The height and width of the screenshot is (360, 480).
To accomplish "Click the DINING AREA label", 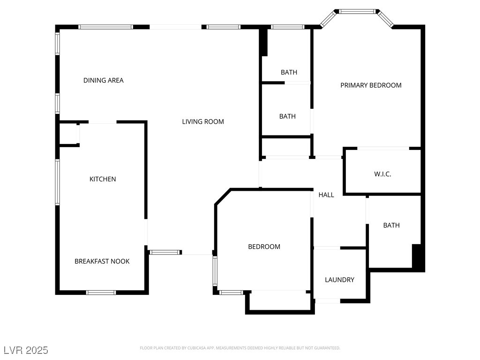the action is (104, 80).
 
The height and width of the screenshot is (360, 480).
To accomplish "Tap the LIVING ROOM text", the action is (203, 121).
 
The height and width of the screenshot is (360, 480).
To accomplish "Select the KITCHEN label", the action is (103, 179).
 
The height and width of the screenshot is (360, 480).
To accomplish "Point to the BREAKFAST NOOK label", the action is (102, 261).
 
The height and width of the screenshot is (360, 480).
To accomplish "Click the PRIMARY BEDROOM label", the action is (371, 85).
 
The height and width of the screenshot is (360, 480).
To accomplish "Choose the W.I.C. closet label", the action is (382, 174).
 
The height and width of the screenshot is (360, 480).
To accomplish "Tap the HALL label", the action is (326, 195).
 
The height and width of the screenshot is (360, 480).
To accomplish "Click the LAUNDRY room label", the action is (339, 279).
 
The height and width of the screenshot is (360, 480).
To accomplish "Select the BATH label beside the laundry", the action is (391, 225).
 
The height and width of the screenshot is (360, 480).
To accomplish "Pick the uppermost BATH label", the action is (289, 72).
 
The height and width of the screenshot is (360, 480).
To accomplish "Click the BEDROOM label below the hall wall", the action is (264, 247).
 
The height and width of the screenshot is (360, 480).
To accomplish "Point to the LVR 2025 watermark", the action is (26, 350).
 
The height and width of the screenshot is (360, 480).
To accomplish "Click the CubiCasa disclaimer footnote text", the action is (240, 348).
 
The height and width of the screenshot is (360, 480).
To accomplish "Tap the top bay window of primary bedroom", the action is (357, 12).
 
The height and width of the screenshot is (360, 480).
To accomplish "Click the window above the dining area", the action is (105, 27).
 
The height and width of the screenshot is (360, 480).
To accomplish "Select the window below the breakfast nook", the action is (101, 292).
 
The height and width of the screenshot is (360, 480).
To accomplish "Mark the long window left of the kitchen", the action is (57, 182).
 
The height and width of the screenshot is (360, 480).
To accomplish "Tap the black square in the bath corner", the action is (416, 256).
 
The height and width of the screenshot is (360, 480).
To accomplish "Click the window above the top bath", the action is (288, 27).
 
